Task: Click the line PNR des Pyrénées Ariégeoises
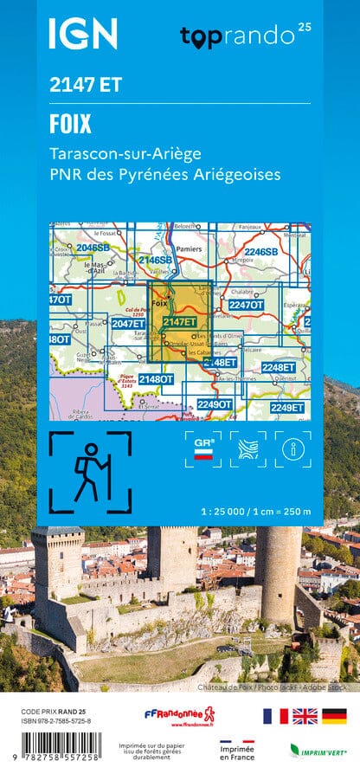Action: point(165,175)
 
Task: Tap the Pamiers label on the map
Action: point(188,249)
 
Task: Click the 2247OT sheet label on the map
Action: point(246,305)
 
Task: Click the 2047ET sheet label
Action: point(127,324)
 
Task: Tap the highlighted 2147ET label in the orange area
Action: point(180,323)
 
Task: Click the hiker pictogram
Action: point(90,472)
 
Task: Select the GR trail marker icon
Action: point(204,448)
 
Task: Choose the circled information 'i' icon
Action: point(292,448)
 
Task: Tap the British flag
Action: point(304,715)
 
